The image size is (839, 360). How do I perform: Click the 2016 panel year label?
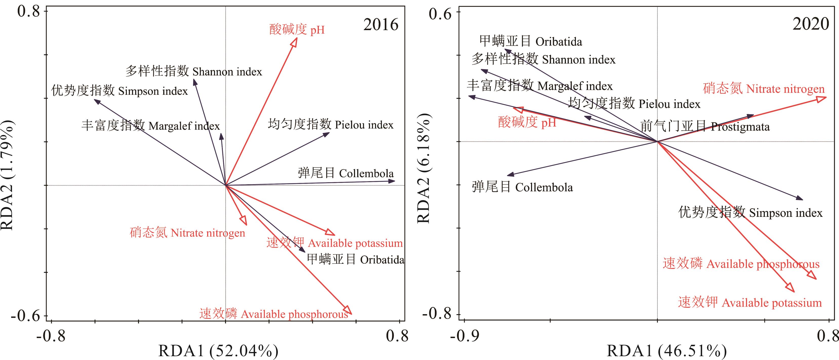[x=381, y=25]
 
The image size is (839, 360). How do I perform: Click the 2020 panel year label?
[x=811, y=24]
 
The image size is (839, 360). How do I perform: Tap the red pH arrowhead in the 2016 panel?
[x=295, y=42]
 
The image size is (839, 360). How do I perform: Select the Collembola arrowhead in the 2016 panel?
[x=392, y=181]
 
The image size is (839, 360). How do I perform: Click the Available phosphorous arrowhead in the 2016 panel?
[x=348, y=311]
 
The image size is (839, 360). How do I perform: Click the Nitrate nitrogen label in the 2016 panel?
[x=187, y=233]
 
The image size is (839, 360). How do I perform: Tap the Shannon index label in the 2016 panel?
[x=194, y=71]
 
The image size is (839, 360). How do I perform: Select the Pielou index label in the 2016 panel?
[x=330, y=124]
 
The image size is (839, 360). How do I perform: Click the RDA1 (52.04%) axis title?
[x=218, y=351]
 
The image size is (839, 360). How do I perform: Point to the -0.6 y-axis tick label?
[x=25, y=315]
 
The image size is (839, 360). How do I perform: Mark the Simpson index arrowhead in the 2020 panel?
[x=799, y=198]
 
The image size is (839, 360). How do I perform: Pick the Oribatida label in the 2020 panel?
[x=531, y=41]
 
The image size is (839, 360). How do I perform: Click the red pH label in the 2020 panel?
[x=527, y=122]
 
